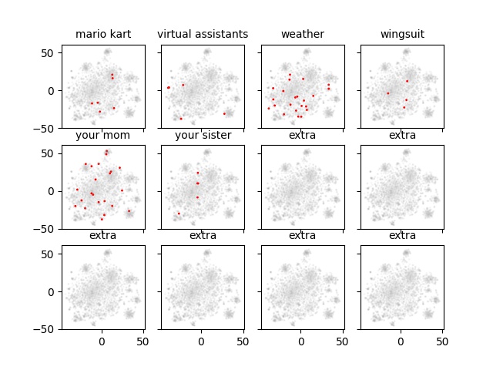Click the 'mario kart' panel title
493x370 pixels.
coord(102,35)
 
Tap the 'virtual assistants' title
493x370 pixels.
coord(203,35)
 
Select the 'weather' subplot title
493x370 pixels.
coord(302,35)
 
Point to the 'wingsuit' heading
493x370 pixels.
coord(402,35)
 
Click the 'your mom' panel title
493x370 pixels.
coord(102,136)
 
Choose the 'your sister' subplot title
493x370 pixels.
coord(203,136)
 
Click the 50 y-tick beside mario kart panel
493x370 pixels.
coord(50,52)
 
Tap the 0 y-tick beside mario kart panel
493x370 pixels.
coord(53,90)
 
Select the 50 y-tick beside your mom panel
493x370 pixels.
coord(50,153)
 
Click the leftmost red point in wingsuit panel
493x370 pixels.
coord(387,93)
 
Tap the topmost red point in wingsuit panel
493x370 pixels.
coord(407,81)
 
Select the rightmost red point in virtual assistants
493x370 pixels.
coord(224,113)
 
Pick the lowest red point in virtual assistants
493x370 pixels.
coord(181,118)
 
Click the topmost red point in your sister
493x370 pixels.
coord(197,173)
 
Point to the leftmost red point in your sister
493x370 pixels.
coord(179,214)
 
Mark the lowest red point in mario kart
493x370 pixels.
coord(99,112)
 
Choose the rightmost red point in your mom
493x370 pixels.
coord(129,210)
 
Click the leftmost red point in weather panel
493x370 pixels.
coord(268,108)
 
